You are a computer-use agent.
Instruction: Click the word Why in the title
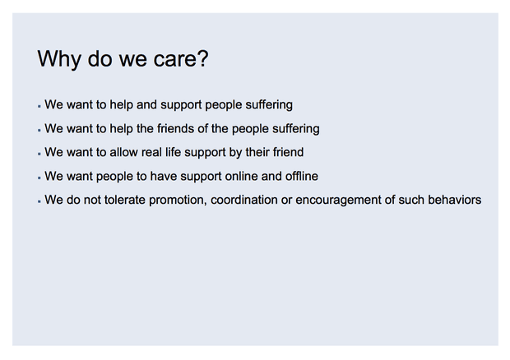point(59,59)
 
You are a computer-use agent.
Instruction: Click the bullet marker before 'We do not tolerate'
point(39,201)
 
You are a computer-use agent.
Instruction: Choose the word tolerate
point(124,200)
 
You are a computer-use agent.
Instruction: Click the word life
point(173,152)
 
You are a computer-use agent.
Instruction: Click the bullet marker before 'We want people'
point(39,178)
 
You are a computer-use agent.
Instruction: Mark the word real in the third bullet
point(151,152)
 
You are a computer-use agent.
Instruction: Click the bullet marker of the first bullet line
point(39,107)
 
